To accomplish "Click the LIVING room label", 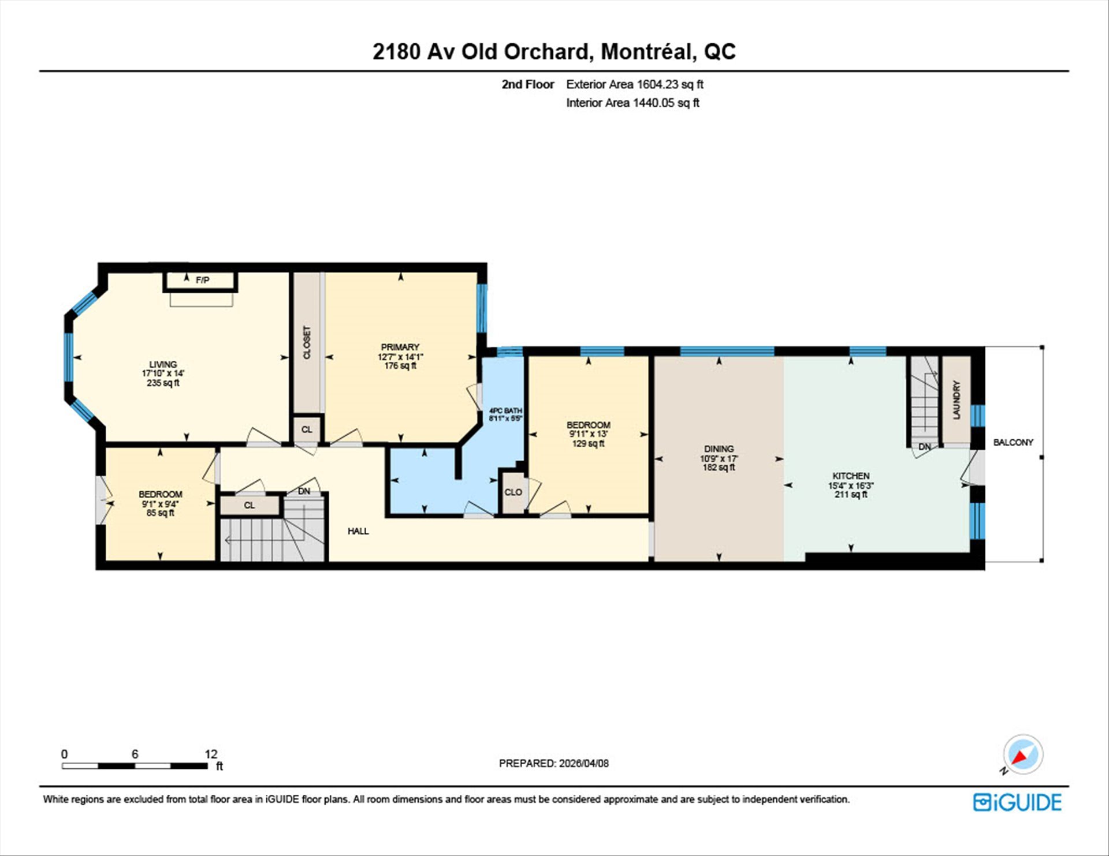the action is click(163, 364).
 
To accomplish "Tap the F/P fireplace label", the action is click(202, 280).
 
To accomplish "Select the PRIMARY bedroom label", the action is click(400, 347).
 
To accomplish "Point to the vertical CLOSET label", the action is click(307, 342).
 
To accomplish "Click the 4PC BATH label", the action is click(505, 410).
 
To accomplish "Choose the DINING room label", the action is click(719, 448).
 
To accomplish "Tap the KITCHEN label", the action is click(851, 476).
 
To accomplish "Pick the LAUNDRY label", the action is click(957, 400).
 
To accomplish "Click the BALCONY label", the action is click(1013, 442).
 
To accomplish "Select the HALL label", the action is click(358, 531).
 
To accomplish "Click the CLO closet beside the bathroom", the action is click(513, 492).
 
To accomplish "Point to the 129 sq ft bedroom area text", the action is click(589, 443).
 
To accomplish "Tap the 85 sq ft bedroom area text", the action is click(160, 513).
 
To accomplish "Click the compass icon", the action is click(1023, 754).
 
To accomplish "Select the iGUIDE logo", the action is click(1017, 802).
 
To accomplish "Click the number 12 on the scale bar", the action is click(211, 754).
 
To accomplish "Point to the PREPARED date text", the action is click(554, 763).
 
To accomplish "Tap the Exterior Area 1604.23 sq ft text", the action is click(635, 84).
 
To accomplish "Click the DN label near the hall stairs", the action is click(304, 491).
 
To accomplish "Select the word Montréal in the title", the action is click(646, 51).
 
